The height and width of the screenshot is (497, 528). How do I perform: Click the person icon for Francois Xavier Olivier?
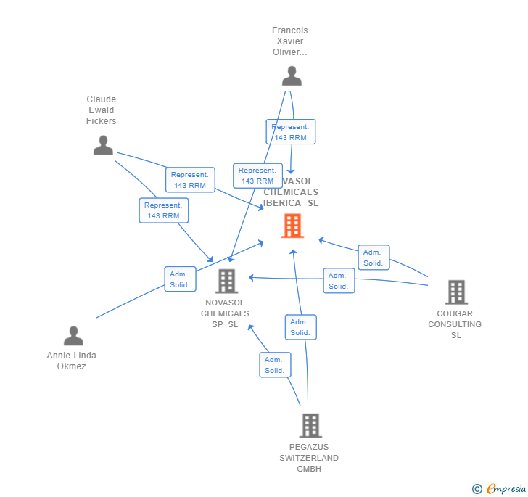click(292, 76)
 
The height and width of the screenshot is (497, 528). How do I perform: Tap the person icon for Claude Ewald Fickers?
click(103, 145)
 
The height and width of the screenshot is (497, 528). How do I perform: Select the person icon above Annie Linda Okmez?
click(73, 336)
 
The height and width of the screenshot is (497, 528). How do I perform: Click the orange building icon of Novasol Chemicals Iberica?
click(292, 226)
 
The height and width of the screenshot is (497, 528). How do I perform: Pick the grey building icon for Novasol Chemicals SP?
click(226, 282)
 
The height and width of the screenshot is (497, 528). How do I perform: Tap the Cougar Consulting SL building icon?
click(455, 292)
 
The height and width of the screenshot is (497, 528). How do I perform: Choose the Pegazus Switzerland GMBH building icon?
click(310, 426)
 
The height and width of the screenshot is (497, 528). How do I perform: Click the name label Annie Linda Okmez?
click(71, 361)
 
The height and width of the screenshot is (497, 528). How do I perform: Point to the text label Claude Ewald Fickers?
click(101, 110)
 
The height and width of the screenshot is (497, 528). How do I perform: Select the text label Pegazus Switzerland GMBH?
click(309, 458)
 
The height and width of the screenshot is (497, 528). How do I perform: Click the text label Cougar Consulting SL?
click(455, 324)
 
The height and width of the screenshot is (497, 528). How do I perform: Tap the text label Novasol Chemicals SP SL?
click(225, 313)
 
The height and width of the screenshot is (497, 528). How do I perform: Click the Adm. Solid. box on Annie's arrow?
click(179, 279)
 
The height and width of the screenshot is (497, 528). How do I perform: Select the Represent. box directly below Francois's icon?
click(290, 132)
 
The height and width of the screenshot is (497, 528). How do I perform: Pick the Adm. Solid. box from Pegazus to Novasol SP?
click(275, 365)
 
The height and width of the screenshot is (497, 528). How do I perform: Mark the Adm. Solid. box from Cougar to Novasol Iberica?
click(374, 258)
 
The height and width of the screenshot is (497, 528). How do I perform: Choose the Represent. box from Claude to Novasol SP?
click(163, 210)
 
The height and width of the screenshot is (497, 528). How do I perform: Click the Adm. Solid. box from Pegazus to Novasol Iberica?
click(300, 327)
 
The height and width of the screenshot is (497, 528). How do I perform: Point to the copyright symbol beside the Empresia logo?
click(477, 490)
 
